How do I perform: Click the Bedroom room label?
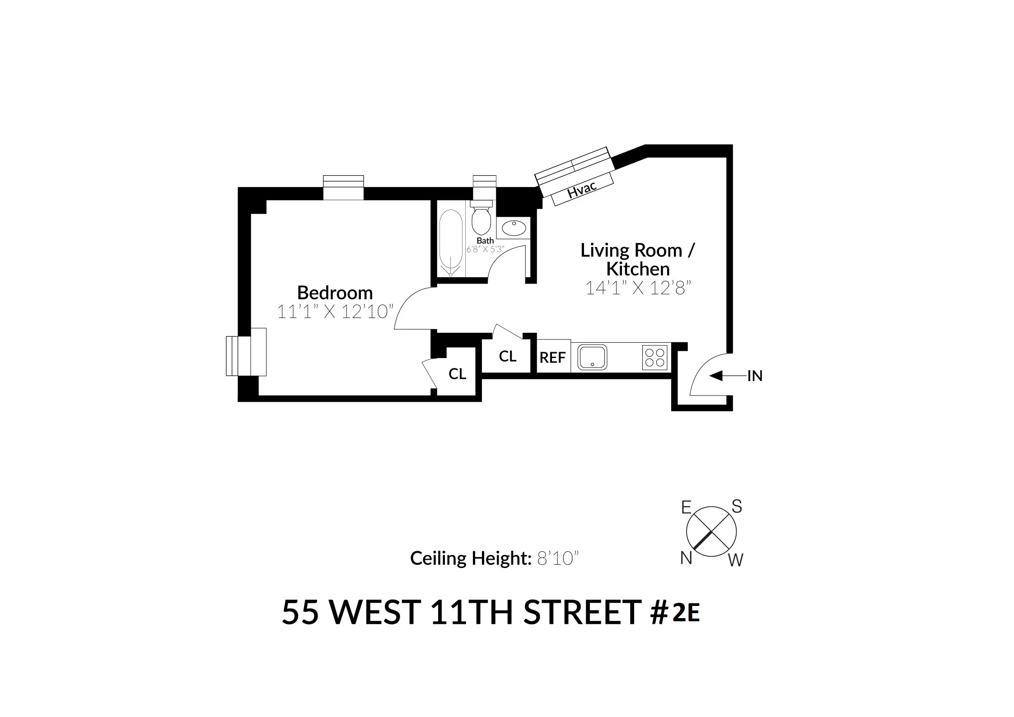(335, 293)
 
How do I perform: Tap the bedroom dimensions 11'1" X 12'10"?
(335, 312)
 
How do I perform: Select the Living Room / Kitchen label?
(637, 259)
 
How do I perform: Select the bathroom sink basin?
(514, 228)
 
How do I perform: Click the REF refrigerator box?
(553, 358)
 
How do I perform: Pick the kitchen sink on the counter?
(592, 357)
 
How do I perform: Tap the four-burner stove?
(654, 358)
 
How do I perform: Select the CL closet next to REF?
(507, 357)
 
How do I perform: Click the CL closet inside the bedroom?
(457, 374)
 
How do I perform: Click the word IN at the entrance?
(755, 376)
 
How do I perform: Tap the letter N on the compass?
(686, 559)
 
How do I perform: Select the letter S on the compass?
(737, 507)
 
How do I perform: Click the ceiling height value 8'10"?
(557, 559)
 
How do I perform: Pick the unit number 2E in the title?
(686, 613)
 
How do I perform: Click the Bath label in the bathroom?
(485, 241)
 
